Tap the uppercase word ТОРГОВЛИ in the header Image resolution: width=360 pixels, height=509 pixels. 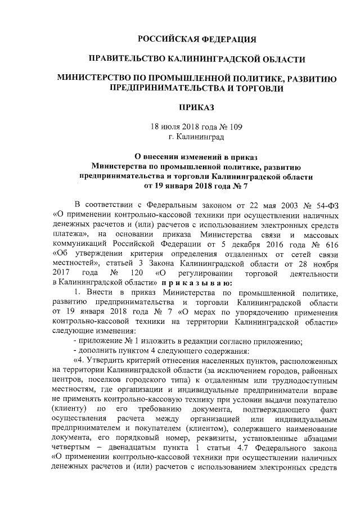[253, 88]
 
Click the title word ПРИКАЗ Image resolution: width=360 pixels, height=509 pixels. [197, 107]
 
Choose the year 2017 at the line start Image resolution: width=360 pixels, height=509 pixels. [61, 273]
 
